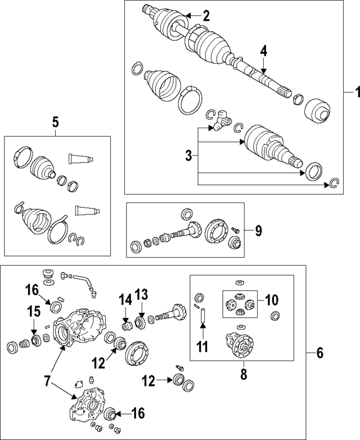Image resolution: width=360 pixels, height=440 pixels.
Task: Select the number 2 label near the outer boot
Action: click(x=206, y=16)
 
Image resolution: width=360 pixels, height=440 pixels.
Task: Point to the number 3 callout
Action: click(x=188, y=155)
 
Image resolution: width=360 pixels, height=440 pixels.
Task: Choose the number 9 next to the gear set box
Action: click(x=259, y=230)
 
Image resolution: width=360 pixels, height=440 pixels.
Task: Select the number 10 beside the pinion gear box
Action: click(x=272, y=300)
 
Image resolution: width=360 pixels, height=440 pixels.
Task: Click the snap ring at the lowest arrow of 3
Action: click(x=334, y=183)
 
